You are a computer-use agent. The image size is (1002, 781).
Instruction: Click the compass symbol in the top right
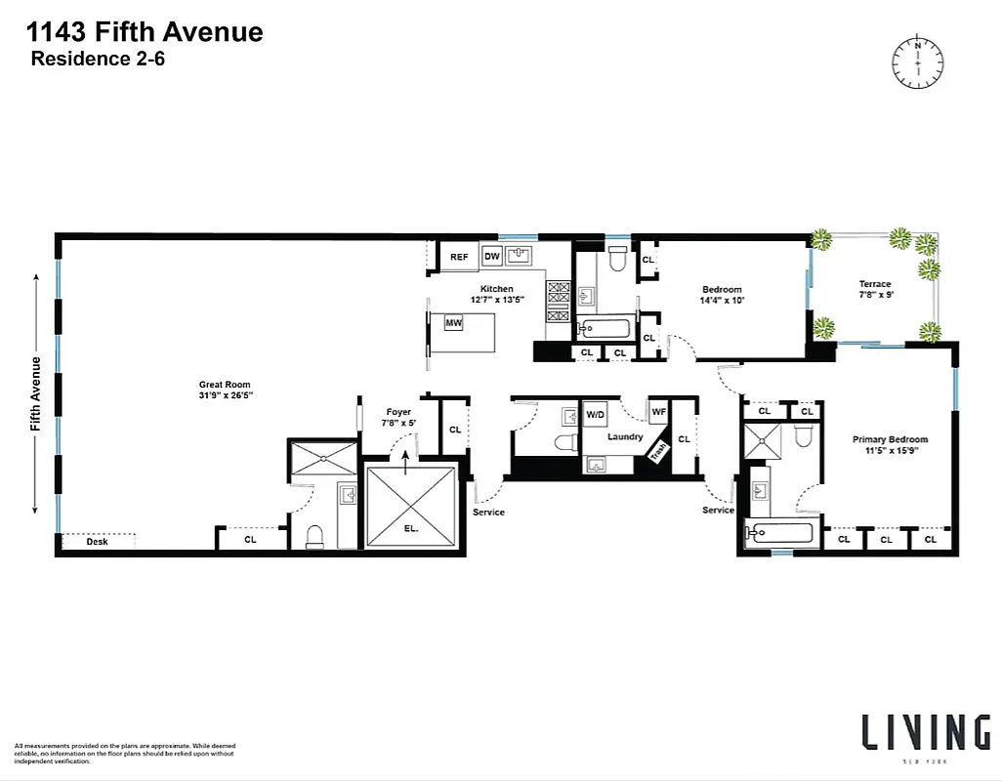tap(917, 62)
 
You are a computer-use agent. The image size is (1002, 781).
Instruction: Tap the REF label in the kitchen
tap(458, 258)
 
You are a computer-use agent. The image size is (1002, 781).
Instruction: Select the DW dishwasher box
tap(492, 258)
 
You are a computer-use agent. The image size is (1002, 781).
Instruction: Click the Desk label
tap(97, 541)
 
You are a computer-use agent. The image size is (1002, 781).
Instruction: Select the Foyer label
tap(398, 412)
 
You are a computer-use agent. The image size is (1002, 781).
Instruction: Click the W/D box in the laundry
tap(595, 415)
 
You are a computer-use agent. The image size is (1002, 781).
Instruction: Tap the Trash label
tap(658, 451)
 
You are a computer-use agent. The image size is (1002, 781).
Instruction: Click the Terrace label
tap(875, 284)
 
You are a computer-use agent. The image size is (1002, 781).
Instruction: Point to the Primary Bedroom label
tap(890, 439)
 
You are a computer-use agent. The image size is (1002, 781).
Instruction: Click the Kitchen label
tap(496, 289)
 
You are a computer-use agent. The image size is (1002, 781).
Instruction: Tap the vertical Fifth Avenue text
tap(36, 393)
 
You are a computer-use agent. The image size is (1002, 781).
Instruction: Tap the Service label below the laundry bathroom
tap(488, 513)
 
